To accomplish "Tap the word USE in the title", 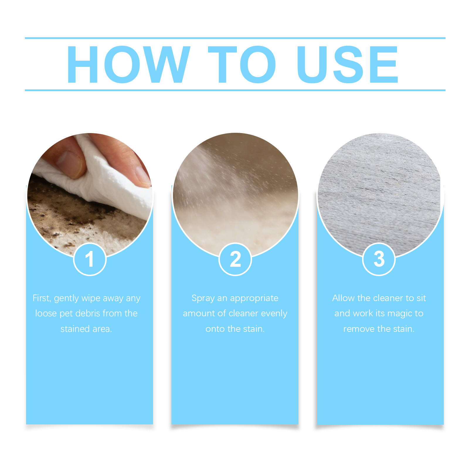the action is (347, 64).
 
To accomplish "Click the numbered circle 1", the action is (90, 259).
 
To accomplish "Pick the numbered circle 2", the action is (235, 259).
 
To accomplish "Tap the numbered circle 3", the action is (379, 259).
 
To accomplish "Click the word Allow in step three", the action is (344, 298).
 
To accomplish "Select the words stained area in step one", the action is (86, 329).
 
